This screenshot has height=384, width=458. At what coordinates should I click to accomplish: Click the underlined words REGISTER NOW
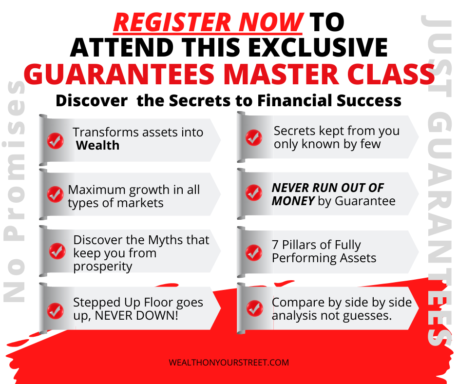click(x=208, y=22)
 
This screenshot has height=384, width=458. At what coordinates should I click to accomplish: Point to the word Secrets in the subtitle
click(x=200, y=100)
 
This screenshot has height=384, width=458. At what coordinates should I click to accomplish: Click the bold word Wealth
click(x=97, y=146)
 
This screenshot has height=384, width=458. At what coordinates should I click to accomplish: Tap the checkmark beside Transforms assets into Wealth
click(x=55, y=140)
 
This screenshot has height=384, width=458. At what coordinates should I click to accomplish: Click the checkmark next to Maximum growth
click(x=55, y=194)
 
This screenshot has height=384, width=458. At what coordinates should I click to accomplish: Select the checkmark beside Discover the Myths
click(x=57, y=251)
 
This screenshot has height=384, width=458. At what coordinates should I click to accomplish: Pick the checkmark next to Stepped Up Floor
click(x=55, y=310)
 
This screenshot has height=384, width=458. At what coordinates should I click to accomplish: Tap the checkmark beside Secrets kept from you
click(x=253, y=137)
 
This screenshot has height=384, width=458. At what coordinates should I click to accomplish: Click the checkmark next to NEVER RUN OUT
click(x=253, y=192)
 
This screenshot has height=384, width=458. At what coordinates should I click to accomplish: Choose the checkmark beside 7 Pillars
click(x=253, y=252)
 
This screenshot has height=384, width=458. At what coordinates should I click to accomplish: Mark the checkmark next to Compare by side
click(x=254, y=308)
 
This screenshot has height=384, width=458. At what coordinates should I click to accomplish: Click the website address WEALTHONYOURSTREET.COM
click(x=229, y=363)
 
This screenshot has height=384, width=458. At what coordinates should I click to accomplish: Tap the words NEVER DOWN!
click(x=136, y=316)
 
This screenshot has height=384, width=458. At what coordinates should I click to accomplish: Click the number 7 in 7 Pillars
click(x=275, y=245)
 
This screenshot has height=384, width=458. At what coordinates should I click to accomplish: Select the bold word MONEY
click(x=293, y=201)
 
